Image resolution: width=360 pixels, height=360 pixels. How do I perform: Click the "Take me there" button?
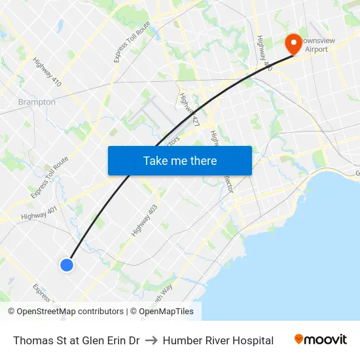[x=179, y=160]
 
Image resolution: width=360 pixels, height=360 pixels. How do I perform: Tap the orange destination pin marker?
[x=293, y=45]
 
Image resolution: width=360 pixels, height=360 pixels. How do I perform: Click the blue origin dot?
[x=67, y=264]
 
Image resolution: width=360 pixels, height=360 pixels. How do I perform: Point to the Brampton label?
[x=37, y=102]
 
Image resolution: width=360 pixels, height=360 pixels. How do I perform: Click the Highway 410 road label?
[x=48, y=73]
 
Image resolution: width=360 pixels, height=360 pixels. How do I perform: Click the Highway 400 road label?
[x=264, y=52]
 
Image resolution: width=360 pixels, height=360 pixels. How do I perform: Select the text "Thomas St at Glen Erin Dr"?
[x=76, y=340]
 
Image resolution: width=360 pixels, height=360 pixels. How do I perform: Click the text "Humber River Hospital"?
[x=218, y=340]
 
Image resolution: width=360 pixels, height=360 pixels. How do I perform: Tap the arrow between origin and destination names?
[x=151, y=340]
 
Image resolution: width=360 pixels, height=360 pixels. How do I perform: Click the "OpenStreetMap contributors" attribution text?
[x=70, y=312]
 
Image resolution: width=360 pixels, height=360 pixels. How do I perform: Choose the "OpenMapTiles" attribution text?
[x=166, y=312]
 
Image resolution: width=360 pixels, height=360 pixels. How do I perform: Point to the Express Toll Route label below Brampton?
[x=49, y=177]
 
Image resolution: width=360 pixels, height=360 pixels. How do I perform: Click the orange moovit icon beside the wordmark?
[x=299, y=340]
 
